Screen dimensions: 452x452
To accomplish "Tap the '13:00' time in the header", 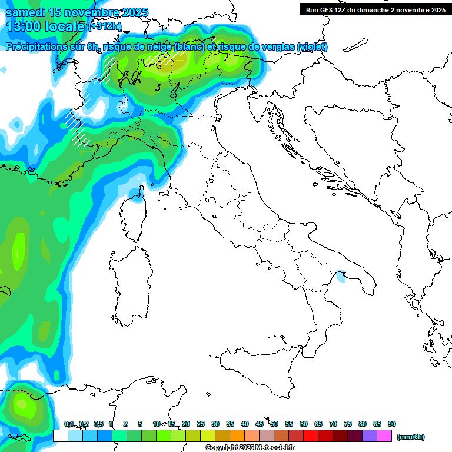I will [23, 26].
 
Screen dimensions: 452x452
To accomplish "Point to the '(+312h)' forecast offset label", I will [104, 26].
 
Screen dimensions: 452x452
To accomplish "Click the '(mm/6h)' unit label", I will [410, 437].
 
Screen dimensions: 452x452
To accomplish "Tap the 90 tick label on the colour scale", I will [391, 424].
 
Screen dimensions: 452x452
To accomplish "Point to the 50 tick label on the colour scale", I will [274, 424].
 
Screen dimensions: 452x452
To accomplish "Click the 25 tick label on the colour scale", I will [201, 424].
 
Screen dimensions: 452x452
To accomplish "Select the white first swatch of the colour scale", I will [60, 436].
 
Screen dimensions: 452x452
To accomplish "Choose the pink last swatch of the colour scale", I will [384, 436].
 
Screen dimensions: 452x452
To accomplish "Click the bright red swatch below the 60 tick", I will [311, 436].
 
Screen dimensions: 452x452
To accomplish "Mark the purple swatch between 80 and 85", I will [370, 436].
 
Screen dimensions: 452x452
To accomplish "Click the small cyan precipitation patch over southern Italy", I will [341, 275].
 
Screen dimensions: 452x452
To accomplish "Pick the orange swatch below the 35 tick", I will [237, 436].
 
